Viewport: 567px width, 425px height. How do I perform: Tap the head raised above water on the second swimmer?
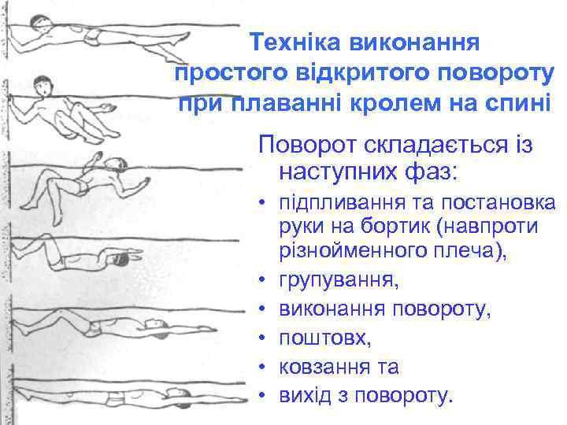pos(45,83)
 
